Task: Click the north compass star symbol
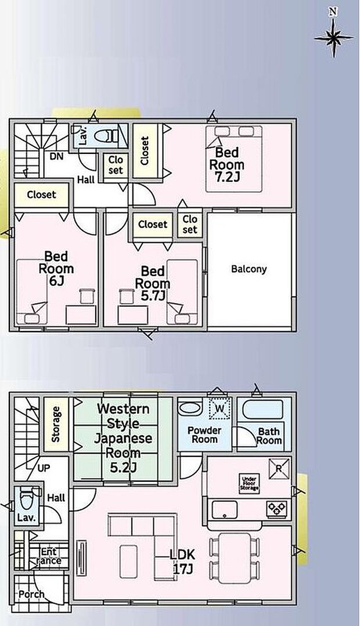[x=334, y=38]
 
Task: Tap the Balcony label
[x=249, y=269]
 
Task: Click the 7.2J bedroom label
[x=226, y=164]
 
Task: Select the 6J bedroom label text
[x=56, y=268]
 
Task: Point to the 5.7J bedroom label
[x=153, y=283]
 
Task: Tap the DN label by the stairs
[x=56, y=157]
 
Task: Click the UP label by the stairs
[x=44, y=468]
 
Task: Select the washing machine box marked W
[x=219, y=408]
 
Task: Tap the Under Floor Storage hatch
[x=250, y=483]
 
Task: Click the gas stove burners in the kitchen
[x=276, y=508]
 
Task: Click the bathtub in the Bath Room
[x=264, y=409]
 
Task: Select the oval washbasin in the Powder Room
[x=190, y=408]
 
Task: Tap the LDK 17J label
[x=182, y=562]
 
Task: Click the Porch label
[x=31, y=595]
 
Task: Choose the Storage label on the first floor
[x=56, y=424]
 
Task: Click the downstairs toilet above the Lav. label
[x=27, y=499]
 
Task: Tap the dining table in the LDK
[x=235, y=557]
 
